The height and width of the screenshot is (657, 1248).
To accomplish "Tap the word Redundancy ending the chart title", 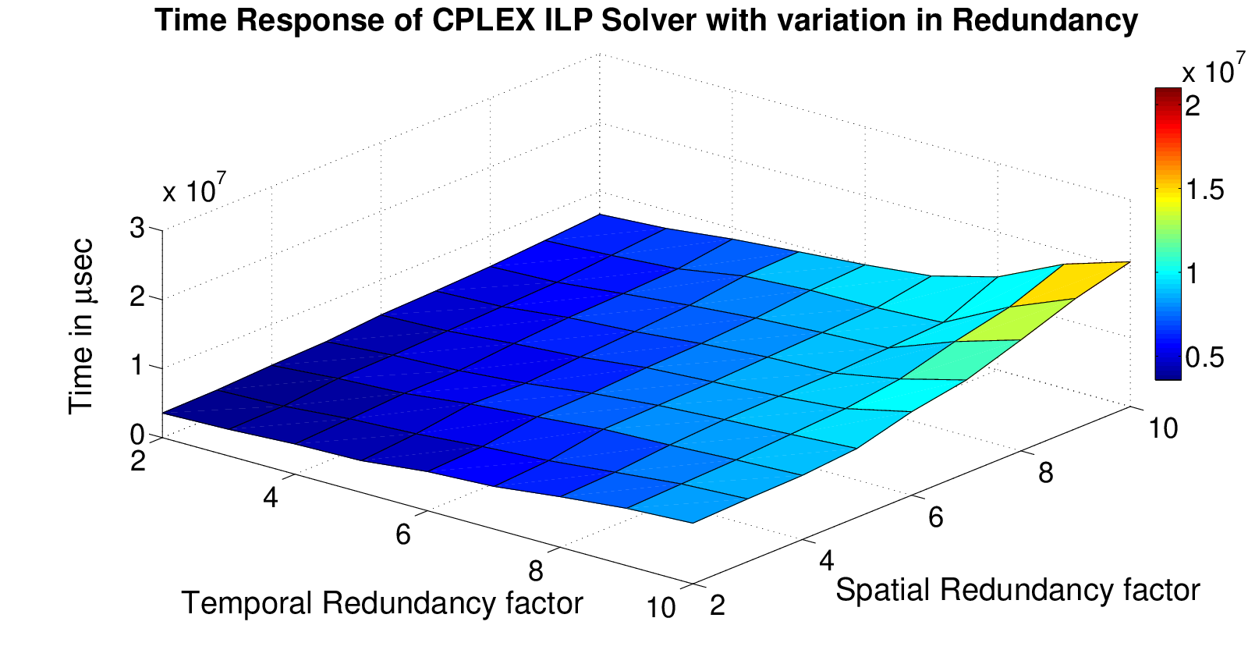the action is [x=1044, y=22].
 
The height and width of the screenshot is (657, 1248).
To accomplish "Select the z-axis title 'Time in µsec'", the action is [x=81, y=327].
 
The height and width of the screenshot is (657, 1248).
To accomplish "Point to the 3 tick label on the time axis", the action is [x=136, y=229].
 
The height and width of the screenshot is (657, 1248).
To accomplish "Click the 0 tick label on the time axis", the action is [x=137, y=435].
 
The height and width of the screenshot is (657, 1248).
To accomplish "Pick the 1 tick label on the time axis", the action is [x=137, y=367].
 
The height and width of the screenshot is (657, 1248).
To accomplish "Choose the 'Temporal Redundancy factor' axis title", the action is [x=382, y=604].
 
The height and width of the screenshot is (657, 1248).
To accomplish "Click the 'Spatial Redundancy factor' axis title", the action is [x=1017, y=590].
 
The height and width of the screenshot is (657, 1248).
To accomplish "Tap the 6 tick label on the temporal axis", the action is [x=402, y=534].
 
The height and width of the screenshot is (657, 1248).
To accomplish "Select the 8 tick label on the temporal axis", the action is [x=535, y=572].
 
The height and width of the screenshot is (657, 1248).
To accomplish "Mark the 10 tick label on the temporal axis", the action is [x=661, y=607].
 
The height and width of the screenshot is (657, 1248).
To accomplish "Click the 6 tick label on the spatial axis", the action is [x=935, y=517].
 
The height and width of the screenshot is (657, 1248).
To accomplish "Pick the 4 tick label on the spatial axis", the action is [x=827, y=561].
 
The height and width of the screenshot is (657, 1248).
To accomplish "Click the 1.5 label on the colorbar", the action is [x=1206, y=190].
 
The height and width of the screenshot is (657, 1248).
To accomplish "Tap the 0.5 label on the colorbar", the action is [x=1206, y=357].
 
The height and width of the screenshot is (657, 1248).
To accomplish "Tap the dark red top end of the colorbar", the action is [x=1168, y=94].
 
